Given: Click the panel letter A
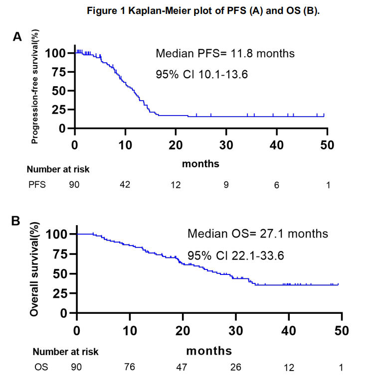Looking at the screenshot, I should [x=17, y=37].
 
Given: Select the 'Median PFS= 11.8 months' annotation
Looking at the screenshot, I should [x=225, y=53].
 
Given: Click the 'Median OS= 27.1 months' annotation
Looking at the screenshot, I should [x=257, y=233].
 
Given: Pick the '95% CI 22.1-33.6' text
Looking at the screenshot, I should [x=235, y=255].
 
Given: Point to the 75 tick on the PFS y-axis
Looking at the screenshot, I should [x=59, y=72].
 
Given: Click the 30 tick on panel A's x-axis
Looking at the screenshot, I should [x=226, y=145].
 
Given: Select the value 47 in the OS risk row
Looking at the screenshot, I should [x=183, y=368].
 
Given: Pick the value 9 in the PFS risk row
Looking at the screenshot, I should [x=226, y=185].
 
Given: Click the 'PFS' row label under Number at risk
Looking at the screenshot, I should [x=36, y=185].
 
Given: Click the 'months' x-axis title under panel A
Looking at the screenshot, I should [x=200, y=163].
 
